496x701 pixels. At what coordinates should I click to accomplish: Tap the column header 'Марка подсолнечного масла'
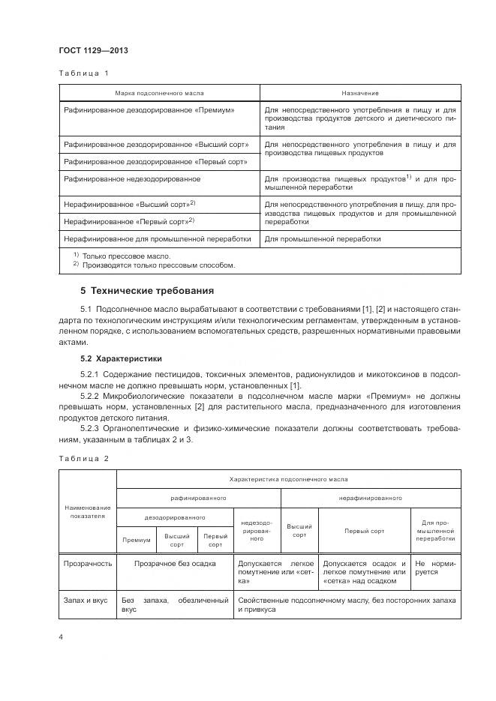tap(159, 93)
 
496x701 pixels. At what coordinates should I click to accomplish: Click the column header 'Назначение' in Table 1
tap(360, 93)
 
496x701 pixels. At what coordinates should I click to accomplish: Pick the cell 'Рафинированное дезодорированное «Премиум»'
tap(149, 109)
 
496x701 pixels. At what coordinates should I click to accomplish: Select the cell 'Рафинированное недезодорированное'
tap(132, 179)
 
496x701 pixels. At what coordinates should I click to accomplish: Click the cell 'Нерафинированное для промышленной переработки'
tap(158, 239)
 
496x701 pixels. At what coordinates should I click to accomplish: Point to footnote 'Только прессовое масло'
tap(120, 256)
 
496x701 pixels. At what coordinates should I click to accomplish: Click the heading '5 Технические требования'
tap(147, 289)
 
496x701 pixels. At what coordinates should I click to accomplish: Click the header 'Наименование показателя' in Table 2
tap(89, 512)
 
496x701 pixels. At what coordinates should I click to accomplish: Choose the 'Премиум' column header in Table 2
tap(137, 540)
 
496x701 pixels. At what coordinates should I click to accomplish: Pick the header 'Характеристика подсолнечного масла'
tap(288, 478)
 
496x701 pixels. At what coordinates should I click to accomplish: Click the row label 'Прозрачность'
tap(88, 563)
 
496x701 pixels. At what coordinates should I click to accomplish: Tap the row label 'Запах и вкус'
tap(87, 601)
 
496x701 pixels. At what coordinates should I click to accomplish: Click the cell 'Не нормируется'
tap(434, 568)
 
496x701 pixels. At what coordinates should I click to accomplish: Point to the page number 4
tap(61, 637)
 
